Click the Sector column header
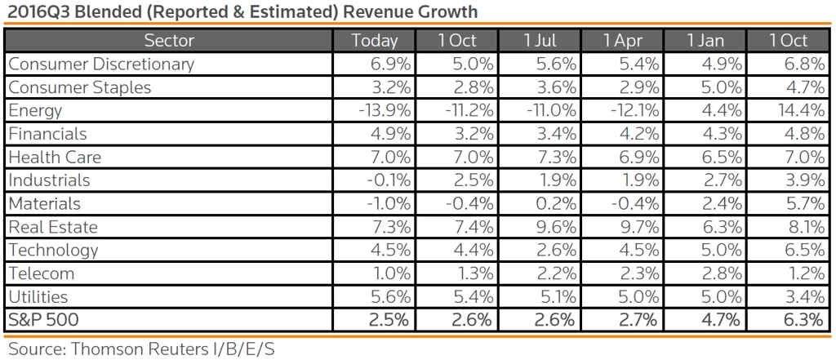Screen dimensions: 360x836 (168, 40)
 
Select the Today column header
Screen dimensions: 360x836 (374, 40)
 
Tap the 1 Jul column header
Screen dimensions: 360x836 (540, 40)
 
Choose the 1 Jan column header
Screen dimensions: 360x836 (705, 40)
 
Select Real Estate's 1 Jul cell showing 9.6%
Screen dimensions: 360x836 (556, 226)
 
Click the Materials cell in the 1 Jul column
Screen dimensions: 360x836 (556, 203)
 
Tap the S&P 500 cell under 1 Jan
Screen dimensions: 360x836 (721, 319)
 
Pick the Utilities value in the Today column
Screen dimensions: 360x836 (390, 296)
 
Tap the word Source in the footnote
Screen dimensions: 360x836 (35, 349)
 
